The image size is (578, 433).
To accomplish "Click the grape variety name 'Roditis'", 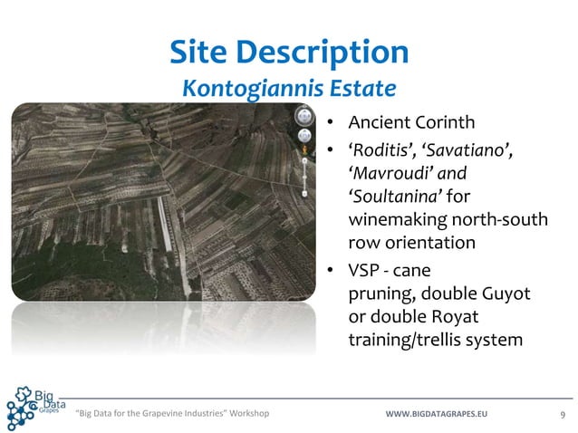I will [x=382, y=149].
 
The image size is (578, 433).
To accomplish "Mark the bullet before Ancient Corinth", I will [x=332, y=123].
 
